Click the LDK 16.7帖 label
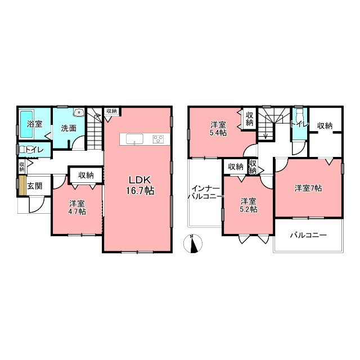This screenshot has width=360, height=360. [x=140, y=185]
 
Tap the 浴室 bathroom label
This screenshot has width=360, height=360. [x=34, y=124]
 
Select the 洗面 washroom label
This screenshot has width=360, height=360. [x=69, y=128]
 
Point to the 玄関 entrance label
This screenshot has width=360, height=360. [x=35, y=186]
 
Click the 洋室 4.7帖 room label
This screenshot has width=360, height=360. [x=77, y=208]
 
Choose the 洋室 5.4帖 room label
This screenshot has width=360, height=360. [x=218, y=129]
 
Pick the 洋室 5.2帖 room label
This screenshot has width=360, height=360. [x=249, y=205]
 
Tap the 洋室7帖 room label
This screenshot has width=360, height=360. [x=308, y=188]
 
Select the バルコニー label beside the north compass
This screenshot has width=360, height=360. [x=308, y=235]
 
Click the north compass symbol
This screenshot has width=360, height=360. [x=193, y=244]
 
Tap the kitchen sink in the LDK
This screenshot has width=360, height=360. [x=134, y=139]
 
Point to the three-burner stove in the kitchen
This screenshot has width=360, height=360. [x=158, y=139]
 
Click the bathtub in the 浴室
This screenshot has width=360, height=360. [x=27, y=124]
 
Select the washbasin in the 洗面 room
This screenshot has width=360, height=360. [x=79, y=112]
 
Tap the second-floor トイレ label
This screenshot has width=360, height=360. [x=300, y=124]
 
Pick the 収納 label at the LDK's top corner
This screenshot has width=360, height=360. [x=111, y=111]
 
